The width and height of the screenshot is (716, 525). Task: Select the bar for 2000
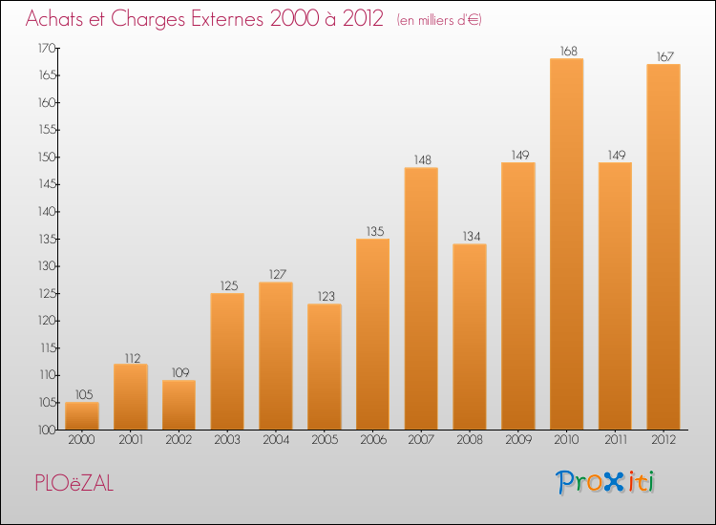81,415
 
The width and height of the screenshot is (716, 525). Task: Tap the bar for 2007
421,299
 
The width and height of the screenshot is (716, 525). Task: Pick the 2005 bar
324,367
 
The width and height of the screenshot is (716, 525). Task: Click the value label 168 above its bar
566,52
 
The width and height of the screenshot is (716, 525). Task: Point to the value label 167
663,57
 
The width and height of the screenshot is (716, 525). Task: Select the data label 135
372,231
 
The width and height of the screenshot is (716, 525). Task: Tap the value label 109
179,372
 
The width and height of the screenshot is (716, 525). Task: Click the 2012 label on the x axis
663,440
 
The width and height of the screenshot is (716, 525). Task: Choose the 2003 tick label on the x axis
227,440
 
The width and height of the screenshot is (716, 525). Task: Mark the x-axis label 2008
469,440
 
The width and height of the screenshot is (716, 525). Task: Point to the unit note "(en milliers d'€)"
440,20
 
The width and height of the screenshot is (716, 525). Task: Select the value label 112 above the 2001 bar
130,358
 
